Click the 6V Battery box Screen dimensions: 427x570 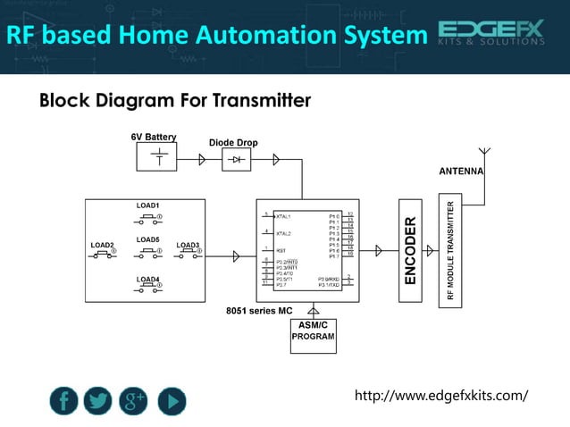157,157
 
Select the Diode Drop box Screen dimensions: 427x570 236,159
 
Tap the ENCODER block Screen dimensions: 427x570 410,250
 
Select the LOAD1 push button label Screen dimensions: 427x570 148,206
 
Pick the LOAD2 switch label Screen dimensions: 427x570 102,245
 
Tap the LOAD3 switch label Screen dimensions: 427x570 188,245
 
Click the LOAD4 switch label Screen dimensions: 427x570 148,280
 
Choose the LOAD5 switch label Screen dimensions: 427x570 148,240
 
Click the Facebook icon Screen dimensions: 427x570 64,401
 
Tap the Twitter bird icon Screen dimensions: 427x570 98,401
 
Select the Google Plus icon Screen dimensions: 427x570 134,401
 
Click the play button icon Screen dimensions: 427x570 172,401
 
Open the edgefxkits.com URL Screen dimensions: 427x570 441,395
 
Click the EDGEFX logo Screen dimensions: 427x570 490,33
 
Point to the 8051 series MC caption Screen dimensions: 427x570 258,311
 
